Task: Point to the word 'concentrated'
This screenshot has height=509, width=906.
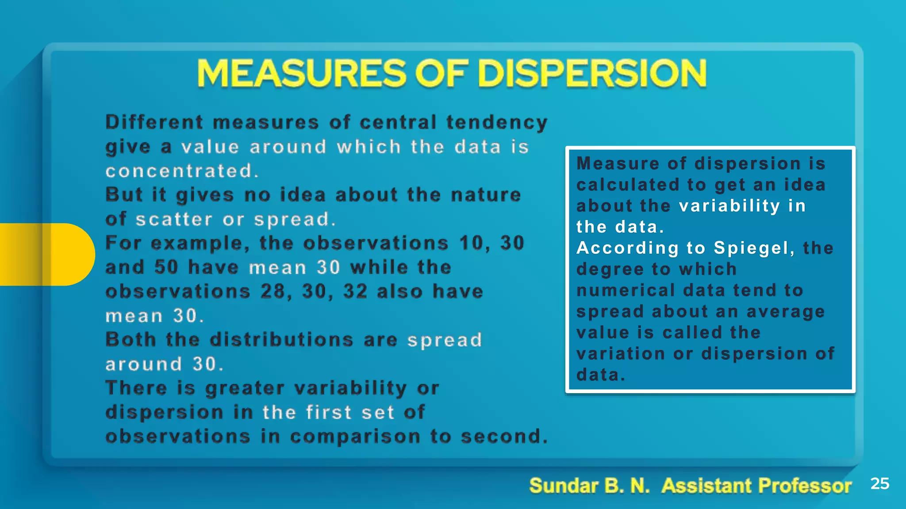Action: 179,171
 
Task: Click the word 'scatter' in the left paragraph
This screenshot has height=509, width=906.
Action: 174,219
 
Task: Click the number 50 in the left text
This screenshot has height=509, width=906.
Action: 166,267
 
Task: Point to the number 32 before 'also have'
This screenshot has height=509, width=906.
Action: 355,292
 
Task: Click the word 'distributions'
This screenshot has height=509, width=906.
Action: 281,340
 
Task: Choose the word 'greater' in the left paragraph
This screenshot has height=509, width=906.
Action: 245,388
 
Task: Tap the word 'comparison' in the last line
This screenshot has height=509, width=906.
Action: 355,437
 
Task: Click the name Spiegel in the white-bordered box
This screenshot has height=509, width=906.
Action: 751,248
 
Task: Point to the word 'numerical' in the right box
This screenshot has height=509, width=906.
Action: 626,290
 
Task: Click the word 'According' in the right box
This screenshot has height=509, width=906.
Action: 627,248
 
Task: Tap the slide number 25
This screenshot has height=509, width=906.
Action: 879,483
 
